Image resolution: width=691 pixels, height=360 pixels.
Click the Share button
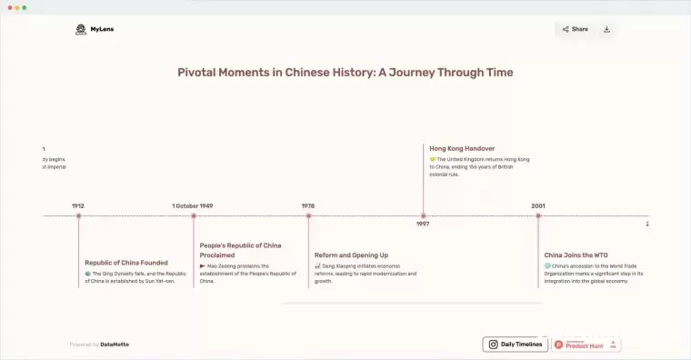point(575,29)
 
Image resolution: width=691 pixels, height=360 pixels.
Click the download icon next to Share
point(606,29)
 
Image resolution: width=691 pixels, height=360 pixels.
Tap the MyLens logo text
point(102,29)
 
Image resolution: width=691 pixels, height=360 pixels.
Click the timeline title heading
point(345,73)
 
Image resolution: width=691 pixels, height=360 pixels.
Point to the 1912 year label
point(78,205)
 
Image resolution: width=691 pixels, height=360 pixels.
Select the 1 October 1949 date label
point(193,205)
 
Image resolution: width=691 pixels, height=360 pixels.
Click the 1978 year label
point(308,205)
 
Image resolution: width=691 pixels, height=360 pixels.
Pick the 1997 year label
point(423,225)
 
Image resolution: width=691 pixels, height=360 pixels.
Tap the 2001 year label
point(538,205)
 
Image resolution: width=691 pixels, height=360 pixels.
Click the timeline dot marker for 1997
point(423,215)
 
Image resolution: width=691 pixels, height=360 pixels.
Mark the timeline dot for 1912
point(78,215)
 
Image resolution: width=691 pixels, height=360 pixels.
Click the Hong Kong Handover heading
point(462,148)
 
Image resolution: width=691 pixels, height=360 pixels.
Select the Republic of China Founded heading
point(126,263)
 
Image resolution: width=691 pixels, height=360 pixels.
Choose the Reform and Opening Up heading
point(351,255)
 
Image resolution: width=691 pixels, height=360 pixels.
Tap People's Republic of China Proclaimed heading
point(240,250)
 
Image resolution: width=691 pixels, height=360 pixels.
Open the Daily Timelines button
point(516,345)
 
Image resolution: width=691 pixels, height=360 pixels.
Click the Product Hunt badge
point(586,345)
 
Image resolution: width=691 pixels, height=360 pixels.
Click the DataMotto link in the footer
point(115,345)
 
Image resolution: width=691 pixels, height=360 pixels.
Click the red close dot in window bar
point(8,7)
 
